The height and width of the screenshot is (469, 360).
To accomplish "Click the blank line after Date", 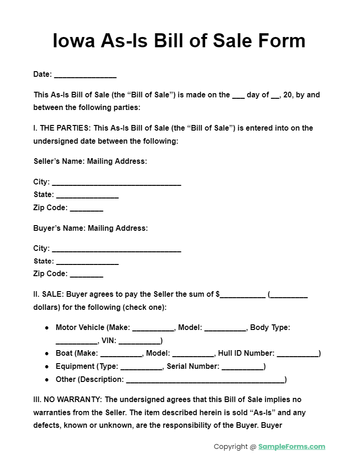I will (85, 75).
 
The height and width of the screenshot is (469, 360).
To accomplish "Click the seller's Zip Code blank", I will (87, 209).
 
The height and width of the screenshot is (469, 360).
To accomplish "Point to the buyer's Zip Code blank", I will (87, 275).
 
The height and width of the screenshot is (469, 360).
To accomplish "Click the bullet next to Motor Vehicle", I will (47, 328).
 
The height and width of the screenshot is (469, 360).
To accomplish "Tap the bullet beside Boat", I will (47, 354).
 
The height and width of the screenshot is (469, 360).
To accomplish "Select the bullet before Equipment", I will (47, 367).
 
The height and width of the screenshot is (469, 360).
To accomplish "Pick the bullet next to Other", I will (47, 380).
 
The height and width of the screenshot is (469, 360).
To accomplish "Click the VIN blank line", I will (139, 341).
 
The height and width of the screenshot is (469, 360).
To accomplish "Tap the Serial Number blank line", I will (242, 367).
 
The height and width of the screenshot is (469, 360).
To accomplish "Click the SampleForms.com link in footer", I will (292, 447).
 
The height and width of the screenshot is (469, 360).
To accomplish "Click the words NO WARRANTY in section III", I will (73, 400).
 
